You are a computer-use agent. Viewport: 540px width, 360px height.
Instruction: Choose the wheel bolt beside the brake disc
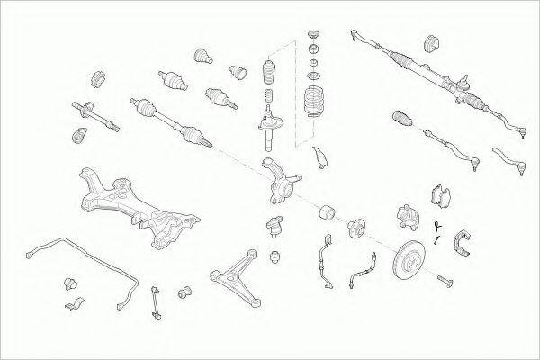(x=444, y=284)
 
